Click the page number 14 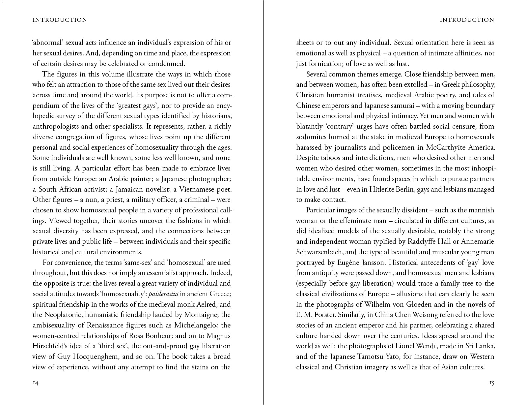pyautogui.click(x=36, y=383)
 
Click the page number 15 pyautogui.click(x=491, y=383)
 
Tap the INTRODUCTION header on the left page pyautogui.click(x=60, y=20)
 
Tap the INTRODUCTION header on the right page pyautogui.click(x=467, y=20)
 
